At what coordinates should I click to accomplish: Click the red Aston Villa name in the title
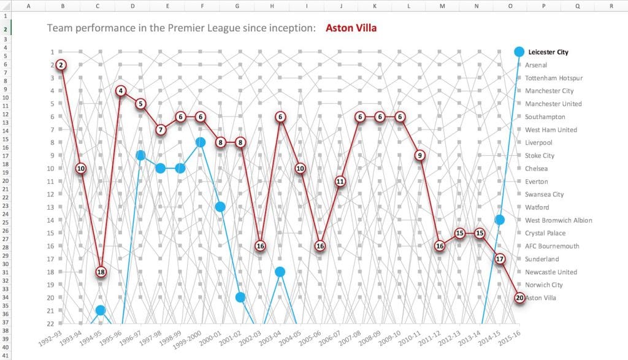point(351,28)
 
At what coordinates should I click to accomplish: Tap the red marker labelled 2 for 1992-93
point(61,65)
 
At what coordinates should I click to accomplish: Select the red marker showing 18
point(101,272)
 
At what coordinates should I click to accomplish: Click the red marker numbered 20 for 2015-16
point(519,297)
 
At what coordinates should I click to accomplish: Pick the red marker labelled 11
point(340,181)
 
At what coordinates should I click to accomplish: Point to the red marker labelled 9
point(419,155)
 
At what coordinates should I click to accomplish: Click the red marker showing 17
point(500,259)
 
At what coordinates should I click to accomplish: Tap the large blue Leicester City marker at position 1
point(519,52)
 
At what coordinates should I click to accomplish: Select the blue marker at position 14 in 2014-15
point(500,220)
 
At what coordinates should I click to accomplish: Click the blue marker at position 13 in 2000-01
point(220,207)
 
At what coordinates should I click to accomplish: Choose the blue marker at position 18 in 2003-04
point(280,272)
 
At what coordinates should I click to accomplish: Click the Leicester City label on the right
point(548,52)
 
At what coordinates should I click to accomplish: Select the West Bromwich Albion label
point(558,220)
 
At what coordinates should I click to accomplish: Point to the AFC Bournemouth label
point(552,246)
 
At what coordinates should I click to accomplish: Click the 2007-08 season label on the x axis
point(350,339)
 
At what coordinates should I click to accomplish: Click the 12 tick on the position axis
point(52,194)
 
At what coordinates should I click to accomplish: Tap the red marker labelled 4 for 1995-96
point(121,91)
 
